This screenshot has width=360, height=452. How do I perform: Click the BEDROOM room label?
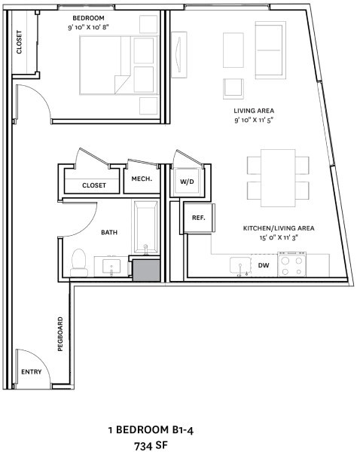88,17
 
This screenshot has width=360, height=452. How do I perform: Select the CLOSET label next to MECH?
94,185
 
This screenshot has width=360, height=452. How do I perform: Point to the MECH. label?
142,179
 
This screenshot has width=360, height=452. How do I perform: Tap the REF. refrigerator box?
199,218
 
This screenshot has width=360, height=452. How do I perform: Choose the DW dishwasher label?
264,265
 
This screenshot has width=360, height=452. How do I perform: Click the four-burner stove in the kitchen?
292,265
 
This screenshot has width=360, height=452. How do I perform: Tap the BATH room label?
109,233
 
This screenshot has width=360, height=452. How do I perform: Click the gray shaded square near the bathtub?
146,269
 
